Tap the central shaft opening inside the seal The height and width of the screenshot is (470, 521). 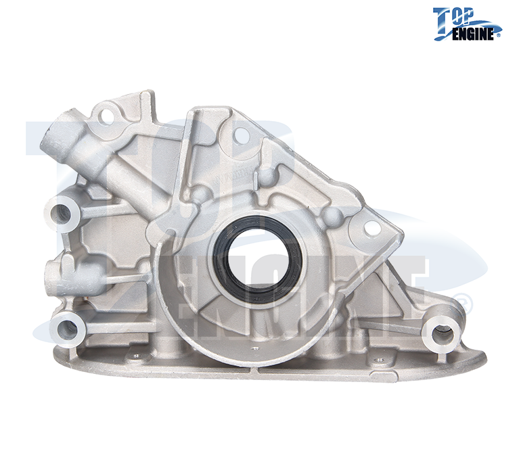click(x=260, y=259)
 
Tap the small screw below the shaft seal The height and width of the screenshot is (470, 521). click(x=256, y=349)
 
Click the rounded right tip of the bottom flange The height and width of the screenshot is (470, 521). click(x=482, y=355)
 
